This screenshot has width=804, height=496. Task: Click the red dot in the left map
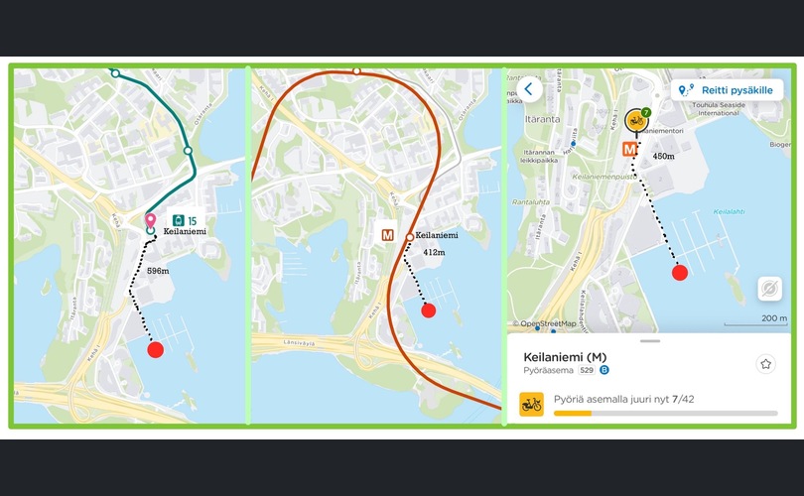click(155, 348)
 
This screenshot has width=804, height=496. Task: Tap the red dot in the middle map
click(428, 310)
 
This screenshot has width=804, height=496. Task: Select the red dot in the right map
click(680, 273)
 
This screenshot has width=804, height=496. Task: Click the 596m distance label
click(158, 270)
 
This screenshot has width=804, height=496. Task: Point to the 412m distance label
click(432, 253)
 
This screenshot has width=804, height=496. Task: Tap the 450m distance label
click(663, 157)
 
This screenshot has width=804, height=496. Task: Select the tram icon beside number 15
click(177, 220)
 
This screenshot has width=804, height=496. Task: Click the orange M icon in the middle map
click(390, 236)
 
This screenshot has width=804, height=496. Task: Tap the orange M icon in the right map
click(629, 149)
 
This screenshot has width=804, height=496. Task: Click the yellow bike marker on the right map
click(635, 121)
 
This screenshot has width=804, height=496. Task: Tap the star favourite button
click(765, 364)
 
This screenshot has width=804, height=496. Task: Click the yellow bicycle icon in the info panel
click(531, 404)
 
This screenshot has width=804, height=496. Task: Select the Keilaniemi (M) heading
click(565, 357)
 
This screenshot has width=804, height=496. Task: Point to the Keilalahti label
click(728, 211)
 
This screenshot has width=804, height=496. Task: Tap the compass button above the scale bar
click(768, 289)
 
